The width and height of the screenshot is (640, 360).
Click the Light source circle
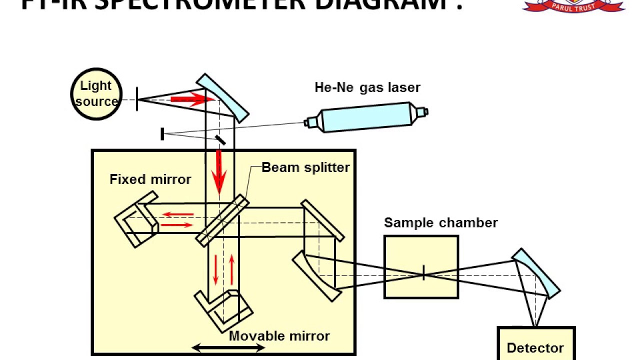pos(96,94)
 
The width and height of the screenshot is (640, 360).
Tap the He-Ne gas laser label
pos(367,87)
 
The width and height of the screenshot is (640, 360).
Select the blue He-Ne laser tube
pos(367,118)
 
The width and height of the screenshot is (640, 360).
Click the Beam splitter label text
pos(305,167)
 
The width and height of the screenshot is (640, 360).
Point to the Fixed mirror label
pos(150,179)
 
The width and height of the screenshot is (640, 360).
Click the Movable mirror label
pos(279,336)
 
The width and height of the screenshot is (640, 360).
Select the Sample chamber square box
pos(421,267)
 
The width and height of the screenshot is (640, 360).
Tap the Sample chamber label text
pos(440,222)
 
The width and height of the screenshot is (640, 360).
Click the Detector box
pos(535,345)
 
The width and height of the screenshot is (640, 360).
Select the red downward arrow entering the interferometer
pos(218,172)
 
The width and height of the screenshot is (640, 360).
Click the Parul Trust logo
pos(573,5)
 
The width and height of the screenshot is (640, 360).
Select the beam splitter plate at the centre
pos(222,220)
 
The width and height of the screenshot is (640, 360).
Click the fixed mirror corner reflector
pos(135,223)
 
